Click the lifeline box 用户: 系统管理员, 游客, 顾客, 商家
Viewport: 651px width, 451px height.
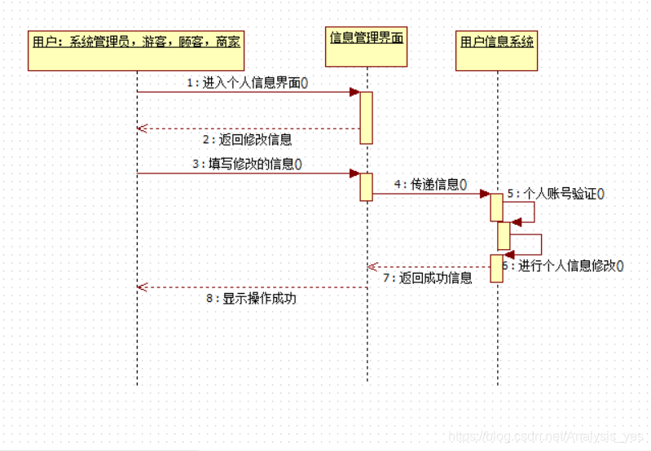click(136, 41)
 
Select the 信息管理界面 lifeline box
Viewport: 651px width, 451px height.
click(367, 38)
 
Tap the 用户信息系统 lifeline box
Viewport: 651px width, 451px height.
click(497, 42)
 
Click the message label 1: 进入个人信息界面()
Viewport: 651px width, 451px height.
click(247, 82)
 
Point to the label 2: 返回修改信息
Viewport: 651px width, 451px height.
click(247, 139)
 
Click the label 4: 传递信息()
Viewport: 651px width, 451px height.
click(430, 184)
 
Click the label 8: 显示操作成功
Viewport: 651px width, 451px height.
click(251, 298)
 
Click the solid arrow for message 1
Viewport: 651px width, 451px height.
click(244, 92)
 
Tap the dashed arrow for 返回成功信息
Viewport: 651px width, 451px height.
click(428, 266)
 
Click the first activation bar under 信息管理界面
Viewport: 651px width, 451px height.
click(367, 117)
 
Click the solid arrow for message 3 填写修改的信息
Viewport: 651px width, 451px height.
click(244, 173)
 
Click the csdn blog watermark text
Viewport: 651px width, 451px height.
click(546, 437)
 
